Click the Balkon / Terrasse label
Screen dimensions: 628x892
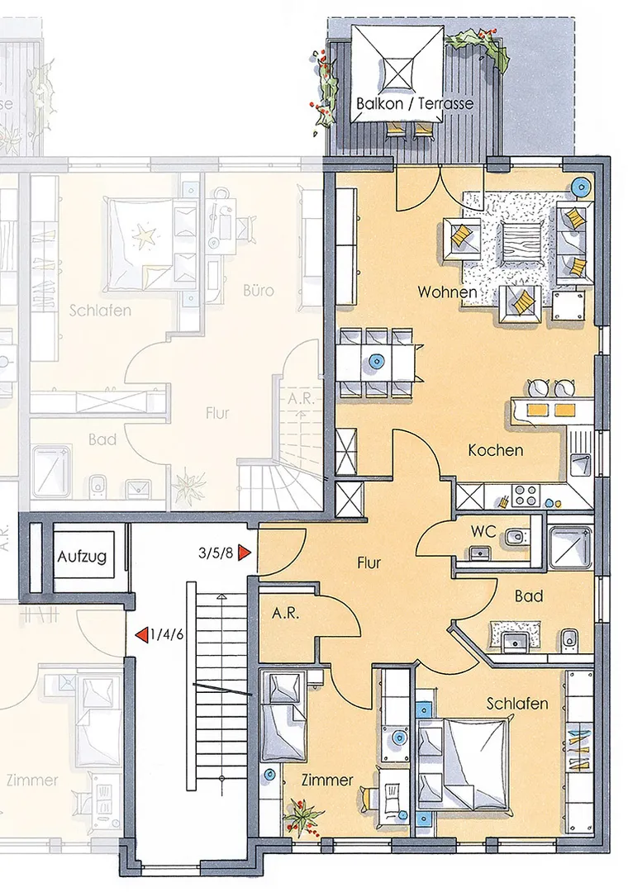pos(415,103)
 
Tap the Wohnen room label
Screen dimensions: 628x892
pos(447,292)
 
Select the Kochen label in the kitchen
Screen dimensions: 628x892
pos(495,450)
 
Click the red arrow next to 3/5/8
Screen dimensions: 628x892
pos(245,553)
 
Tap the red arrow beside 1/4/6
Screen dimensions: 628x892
pos(140,634)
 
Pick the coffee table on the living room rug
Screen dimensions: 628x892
pos(521,244)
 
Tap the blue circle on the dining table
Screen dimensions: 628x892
pos(375,361)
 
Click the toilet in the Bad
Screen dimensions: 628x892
pos(569,638)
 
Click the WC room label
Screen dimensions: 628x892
pos(483,532)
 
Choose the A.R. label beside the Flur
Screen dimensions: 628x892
pos(285,614)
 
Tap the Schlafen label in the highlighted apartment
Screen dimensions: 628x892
pos(517,703)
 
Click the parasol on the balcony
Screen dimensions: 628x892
pos(397,74)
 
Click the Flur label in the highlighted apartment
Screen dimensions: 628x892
pos(369,563)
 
